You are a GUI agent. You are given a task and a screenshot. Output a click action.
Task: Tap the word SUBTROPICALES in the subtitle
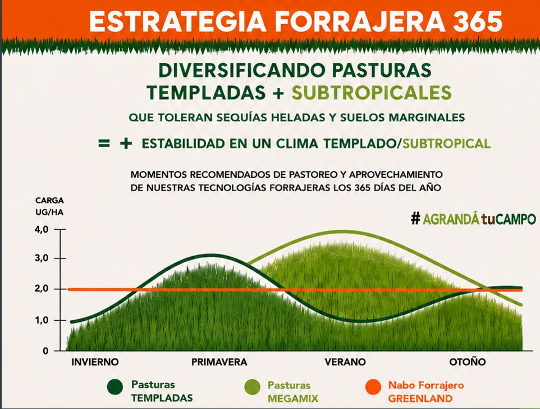372,92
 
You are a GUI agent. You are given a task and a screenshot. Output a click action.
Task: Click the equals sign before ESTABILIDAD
104,143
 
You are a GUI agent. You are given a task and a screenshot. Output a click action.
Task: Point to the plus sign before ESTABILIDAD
126,143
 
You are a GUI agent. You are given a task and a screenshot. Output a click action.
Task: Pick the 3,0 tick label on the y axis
42,258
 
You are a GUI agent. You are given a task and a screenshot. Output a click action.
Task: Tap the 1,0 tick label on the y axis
42,320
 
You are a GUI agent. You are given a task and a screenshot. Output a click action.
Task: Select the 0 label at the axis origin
46,351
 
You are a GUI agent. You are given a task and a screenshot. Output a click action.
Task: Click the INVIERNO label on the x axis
95,362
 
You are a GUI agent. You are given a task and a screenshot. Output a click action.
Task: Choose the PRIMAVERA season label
219,362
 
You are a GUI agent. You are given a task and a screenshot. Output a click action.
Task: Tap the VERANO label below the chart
345,362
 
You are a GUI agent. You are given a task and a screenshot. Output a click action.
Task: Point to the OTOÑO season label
468,362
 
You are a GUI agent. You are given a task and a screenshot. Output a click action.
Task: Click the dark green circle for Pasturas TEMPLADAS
115,387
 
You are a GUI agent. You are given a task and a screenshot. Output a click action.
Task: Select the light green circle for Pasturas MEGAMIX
252,387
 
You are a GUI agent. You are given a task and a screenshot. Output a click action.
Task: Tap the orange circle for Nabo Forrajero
373,387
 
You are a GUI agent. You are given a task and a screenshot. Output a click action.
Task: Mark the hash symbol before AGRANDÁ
416,219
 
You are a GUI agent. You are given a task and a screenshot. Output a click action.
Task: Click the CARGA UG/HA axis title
49,206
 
